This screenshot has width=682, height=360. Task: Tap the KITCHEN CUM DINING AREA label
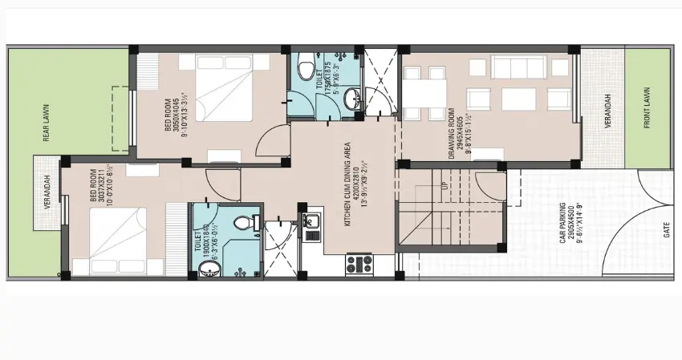[x=349, y=185]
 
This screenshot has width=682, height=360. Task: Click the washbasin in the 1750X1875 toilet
[x=352, y=99]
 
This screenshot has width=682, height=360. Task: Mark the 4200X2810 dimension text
[x=357, y=185]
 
